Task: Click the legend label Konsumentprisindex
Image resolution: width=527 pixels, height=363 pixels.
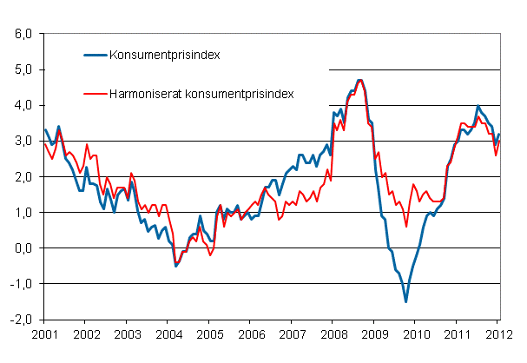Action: click(x=164, y=55)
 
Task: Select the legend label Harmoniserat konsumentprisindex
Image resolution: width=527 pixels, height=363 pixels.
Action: click(x=201, y=91)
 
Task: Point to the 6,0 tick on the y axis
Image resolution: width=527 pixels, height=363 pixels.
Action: click(x=23, y=34)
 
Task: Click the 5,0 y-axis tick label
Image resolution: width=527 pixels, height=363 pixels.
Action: click(x=23, y=69)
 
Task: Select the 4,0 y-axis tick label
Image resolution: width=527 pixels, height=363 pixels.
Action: click(x=23, y=105)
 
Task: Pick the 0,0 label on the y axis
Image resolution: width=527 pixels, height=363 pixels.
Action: click(x=23, y=248)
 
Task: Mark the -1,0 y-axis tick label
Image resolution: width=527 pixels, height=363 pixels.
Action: click(x=21, y=284)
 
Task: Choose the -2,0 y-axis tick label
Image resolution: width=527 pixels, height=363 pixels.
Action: click(x=21, y=320)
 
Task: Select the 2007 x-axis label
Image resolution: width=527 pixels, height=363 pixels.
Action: click(x=292, y=334)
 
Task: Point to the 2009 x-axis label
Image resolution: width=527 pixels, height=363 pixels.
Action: click(x=374, y=334)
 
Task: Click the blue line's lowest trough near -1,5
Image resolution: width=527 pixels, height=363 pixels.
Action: click(x=405, y=301)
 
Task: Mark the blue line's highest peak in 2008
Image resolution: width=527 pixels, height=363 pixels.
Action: click(x=360, y=80)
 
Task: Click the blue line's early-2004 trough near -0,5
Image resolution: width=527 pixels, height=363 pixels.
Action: click(x=176, y=266)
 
